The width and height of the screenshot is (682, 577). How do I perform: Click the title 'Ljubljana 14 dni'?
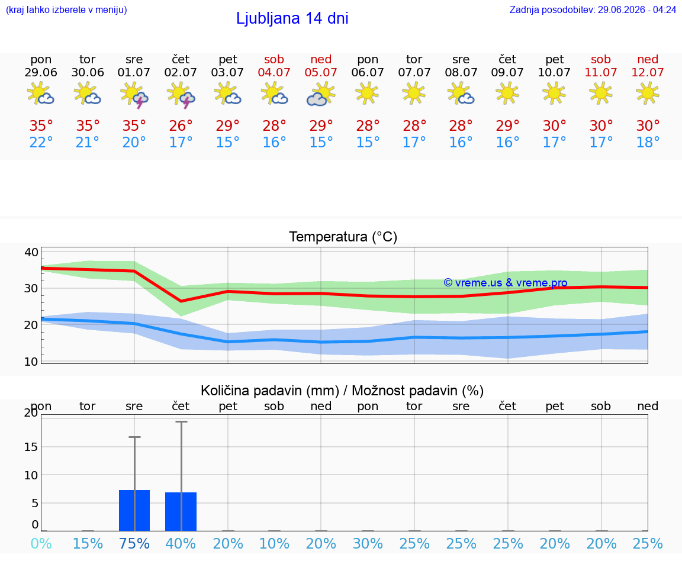coord(292,18)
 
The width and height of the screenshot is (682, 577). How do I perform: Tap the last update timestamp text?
coord(593,9)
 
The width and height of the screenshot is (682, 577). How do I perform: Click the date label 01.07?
coord(134,72)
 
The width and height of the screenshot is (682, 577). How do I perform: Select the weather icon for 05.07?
coord(321,94)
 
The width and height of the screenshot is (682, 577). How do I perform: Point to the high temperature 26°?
coord(181,125)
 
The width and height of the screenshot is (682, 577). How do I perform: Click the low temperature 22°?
coord(41,142)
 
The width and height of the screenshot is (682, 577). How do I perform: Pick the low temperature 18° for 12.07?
coord(648,142)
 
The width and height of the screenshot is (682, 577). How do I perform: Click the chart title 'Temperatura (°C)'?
coord(343,237)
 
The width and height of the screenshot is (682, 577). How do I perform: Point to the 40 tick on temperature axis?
coord(31,252)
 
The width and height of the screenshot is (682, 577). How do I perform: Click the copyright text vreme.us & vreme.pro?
coord(506,283)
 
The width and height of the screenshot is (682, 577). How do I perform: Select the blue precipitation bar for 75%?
coord(134,511)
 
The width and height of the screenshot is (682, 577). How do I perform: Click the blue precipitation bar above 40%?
coord(181,512)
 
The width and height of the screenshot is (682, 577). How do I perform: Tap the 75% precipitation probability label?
coord(134,543)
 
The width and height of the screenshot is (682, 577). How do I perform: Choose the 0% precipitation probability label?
coord(41,543)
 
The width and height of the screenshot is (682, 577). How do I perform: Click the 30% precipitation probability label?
coord(368,543)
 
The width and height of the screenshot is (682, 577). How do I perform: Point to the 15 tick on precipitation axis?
coord(31,447)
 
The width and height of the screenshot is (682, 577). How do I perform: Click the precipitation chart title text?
coord(342,391)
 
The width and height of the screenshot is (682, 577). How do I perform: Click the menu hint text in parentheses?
coord(66,9)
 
